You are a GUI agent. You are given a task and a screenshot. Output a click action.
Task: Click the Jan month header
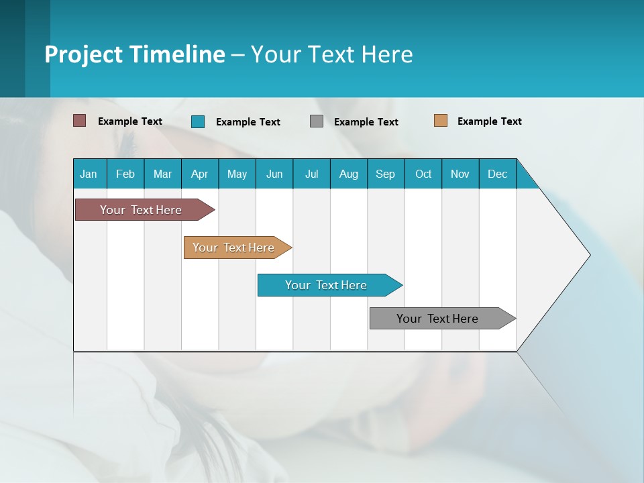pos(89,174)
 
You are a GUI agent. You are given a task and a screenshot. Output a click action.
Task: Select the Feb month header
pos(125,174)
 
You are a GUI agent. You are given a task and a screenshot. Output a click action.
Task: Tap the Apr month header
pos(199,174)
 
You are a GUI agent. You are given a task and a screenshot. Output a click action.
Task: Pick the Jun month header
pos(274,174)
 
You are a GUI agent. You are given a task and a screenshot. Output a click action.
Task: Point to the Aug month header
pos(349,174)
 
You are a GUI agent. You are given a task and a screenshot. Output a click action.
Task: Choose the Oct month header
pos(423,174)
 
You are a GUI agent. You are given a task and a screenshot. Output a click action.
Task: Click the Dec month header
pos(498,174)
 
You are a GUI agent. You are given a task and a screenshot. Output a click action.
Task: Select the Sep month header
pos(385,174)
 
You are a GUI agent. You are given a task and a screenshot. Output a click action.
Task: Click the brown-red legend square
pos(80,121)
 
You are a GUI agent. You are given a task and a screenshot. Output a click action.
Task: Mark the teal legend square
pos(198,121)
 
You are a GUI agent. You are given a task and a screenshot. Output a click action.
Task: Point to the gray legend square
pos(317,121)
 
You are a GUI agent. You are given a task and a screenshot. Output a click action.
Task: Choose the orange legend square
pos(441,121)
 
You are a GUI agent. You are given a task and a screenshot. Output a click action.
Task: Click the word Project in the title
pos(83,54)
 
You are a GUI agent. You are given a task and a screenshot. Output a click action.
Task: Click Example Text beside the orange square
pos(489,121)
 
